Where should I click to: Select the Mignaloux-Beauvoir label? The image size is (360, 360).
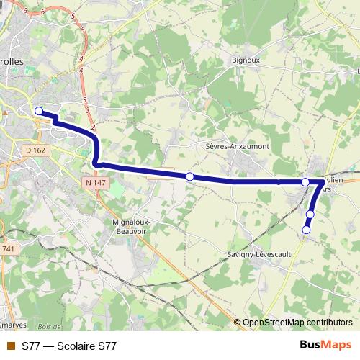tap(131, 227)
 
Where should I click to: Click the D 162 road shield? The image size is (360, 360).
tap(34, 150)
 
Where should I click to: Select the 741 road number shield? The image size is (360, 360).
tap(7, 248)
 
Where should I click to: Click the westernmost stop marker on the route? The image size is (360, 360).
tap(39, 111)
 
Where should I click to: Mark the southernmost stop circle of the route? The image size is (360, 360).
tap(306, 230)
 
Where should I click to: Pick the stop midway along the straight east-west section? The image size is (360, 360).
tap(190, 176)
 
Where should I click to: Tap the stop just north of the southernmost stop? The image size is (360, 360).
tap(310, 215)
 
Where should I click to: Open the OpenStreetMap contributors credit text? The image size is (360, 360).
tap(297, 323)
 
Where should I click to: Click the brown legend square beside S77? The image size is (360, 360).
tap(9, 346)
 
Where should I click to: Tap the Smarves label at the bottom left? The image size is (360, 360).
tap(13, 325)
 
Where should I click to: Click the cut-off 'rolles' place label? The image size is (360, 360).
tap(12, 62)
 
